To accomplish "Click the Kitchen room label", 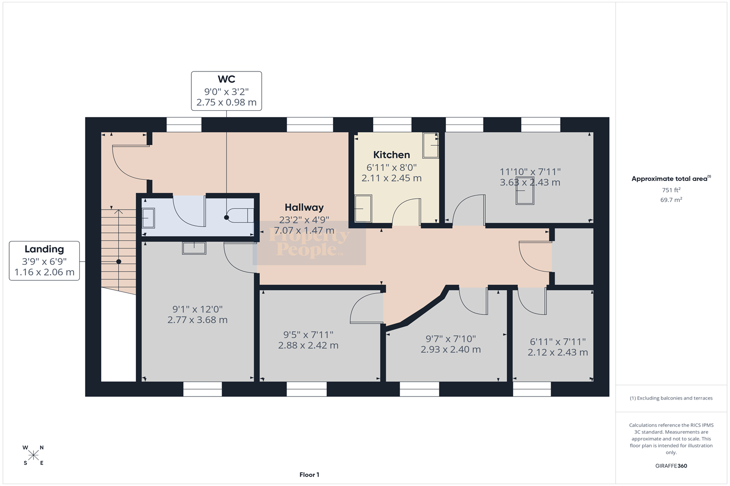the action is [391, 155].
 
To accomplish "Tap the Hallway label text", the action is [304, 208].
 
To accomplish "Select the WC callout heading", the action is [226, 79].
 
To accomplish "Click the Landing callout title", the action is [44, 249].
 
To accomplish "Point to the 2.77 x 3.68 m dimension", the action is [198, 320].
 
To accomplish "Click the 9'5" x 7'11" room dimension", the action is [308, 335].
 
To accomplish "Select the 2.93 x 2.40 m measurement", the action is [451, 349].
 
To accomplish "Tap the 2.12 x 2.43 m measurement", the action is [558, 352].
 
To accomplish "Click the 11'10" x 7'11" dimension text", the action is [530, 172].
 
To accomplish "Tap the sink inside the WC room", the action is [148, 218].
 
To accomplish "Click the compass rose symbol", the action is [33, 455].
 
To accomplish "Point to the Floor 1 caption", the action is [309, 475].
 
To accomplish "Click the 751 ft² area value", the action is [671, 190].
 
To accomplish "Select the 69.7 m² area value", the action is [671, 200].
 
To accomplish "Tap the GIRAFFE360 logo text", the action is [671, 466].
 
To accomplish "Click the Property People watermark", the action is [309, 243].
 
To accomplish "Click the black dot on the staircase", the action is [119, 262].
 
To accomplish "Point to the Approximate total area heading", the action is [671, 178].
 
